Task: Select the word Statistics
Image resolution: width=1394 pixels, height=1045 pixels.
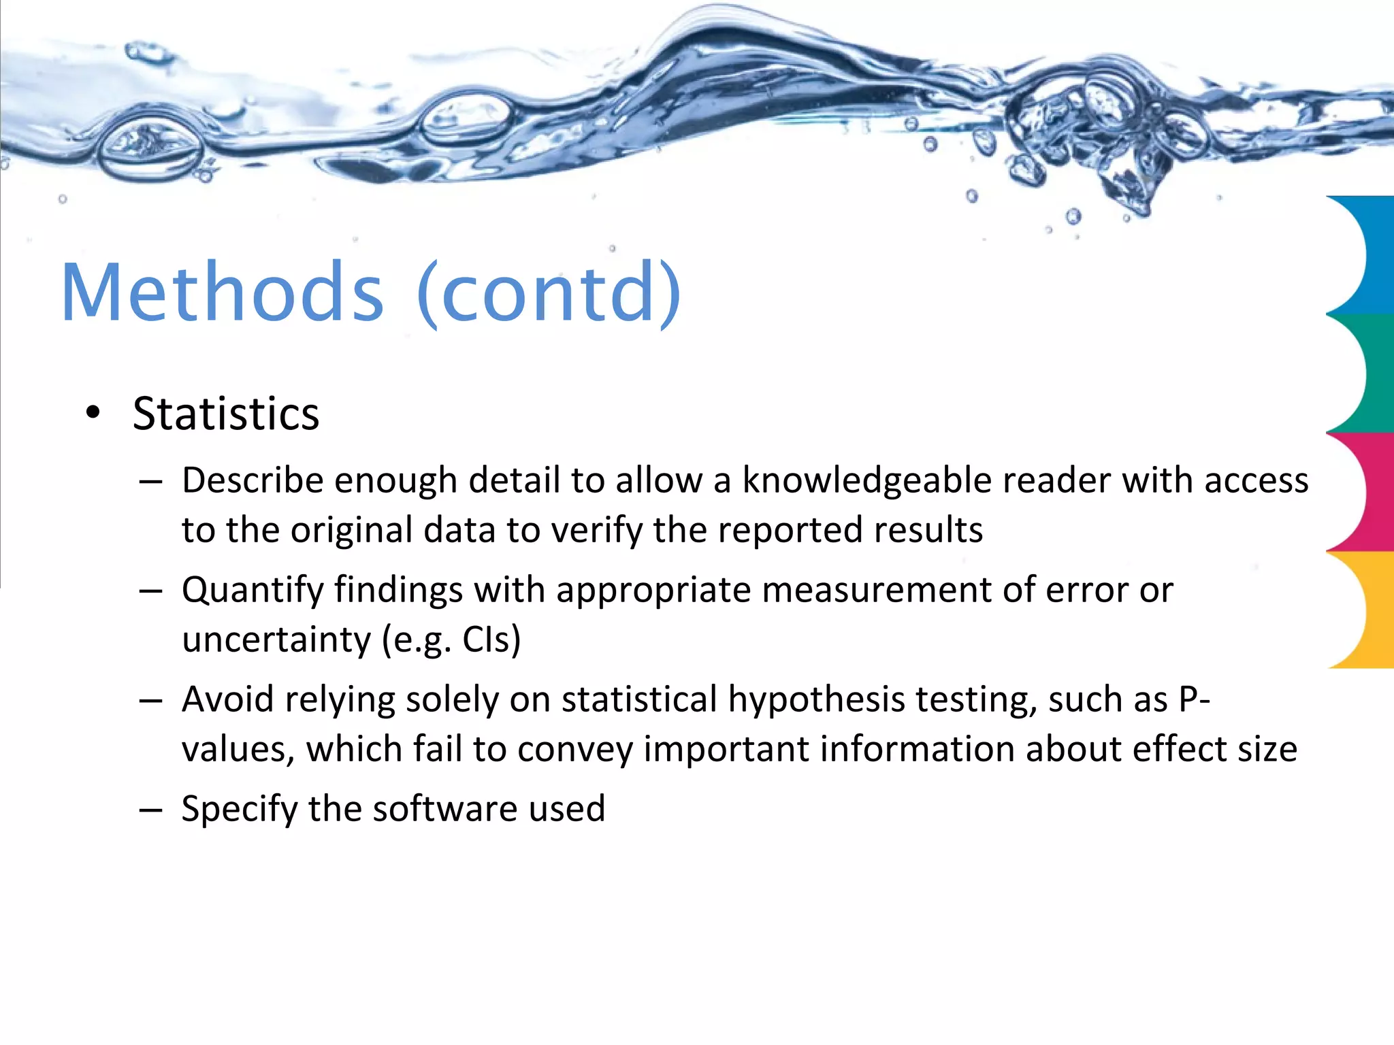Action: point(226,414)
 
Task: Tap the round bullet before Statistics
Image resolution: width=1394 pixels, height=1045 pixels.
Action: point(93,412)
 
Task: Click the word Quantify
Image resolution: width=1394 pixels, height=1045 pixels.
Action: point(253,591)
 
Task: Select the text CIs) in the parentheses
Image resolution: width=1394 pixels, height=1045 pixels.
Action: point(491,640)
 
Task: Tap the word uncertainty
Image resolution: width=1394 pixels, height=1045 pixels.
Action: point(276,640)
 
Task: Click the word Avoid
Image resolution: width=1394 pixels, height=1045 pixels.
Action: point(227,699)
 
